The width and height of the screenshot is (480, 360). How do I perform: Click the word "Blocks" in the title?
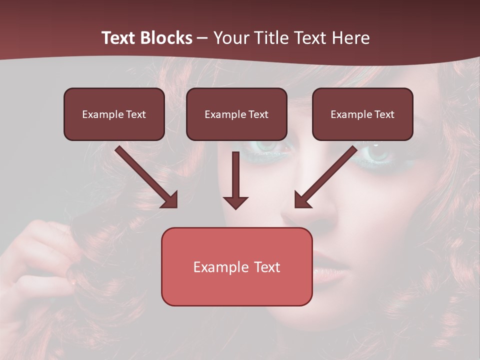(x=167, y=38)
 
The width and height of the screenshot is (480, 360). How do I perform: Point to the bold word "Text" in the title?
(x=120, y=38)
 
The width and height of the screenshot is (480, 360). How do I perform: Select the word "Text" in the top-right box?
(x=384, y=114)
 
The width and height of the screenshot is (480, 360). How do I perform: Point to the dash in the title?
(x=202, y=38)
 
